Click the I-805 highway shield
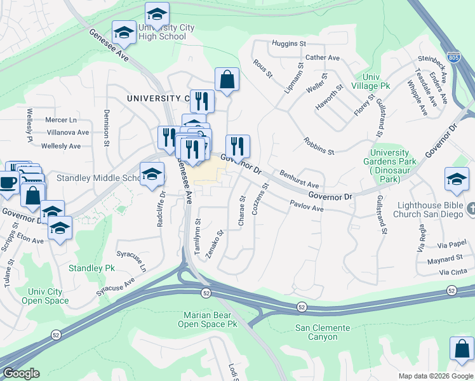[453, 57]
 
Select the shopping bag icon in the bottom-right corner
[462, 350]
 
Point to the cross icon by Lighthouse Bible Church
[471, 208]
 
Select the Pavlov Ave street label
[307, 206]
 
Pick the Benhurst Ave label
[298, 178]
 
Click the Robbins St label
[318, 147]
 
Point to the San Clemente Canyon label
[323, 332]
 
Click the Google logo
[21, 373]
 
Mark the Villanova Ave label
[68, 133]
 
